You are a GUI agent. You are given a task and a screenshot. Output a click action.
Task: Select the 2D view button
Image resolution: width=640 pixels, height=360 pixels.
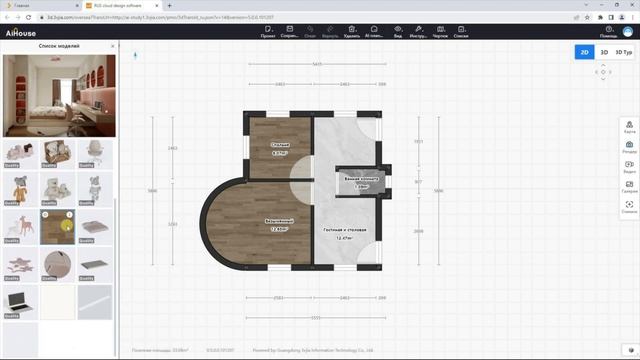584,51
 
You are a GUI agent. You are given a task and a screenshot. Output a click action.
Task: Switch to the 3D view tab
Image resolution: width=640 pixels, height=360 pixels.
603,51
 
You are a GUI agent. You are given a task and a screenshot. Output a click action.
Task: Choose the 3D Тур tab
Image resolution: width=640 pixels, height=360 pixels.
623,51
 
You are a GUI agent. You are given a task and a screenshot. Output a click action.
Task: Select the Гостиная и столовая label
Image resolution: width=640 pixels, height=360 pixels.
343,233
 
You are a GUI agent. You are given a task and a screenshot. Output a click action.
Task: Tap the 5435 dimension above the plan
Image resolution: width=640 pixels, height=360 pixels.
317,64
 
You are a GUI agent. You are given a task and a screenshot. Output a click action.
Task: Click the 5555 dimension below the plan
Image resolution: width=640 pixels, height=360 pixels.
316,317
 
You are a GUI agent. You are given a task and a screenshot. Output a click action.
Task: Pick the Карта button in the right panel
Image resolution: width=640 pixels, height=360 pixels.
629,128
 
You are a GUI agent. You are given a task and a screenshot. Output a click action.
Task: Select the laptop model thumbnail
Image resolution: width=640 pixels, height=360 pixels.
21,301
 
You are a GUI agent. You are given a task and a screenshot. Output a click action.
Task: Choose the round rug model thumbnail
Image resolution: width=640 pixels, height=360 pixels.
59,264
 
